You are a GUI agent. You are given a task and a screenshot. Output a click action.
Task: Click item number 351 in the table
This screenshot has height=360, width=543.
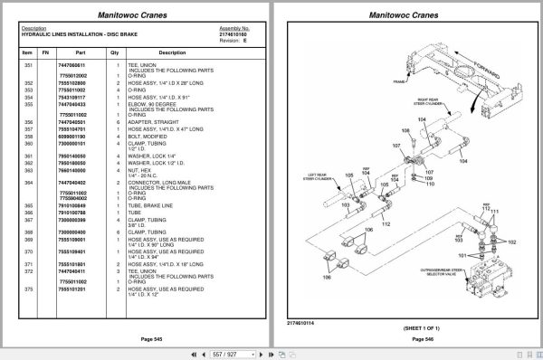click(27, 66)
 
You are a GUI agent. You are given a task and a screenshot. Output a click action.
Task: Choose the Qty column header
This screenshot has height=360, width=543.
click(115, 52)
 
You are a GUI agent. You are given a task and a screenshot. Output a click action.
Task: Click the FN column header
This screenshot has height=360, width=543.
click(46, 52)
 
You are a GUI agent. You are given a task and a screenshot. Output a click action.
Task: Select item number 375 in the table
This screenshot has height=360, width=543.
click(27, 289)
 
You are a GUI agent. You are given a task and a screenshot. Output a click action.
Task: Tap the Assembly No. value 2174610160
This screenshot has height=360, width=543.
click(234, 33)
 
